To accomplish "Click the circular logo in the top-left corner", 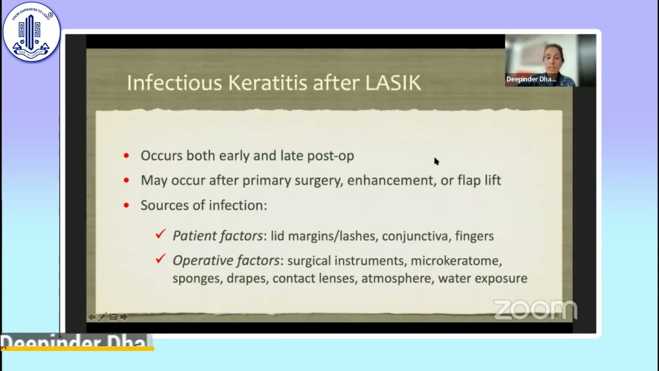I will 31,32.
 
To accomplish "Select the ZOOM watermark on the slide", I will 535,310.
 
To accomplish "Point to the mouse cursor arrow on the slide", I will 436,161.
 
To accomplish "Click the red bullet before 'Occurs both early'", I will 127,156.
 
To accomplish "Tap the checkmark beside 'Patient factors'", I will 161,234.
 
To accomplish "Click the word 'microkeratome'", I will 456,261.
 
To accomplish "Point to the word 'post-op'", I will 331,156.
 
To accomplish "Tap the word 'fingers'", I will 474,236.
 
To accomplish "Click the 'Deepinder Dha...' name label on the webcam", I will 531,79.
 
